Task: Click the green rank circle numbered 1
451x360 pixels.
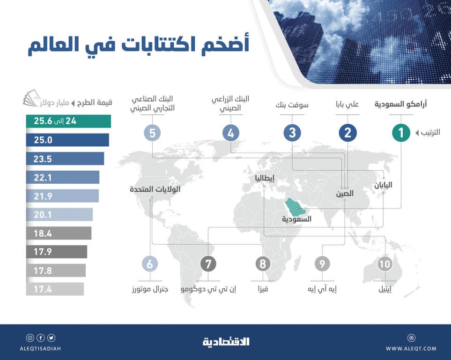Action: pos(401,133)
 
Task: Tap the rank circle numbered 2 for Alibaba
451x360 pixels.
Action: pos(347,133)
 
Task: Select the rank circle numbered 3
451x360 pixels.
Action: pos(292,133)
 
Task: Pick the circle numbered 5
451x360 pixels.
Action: pos(152,133)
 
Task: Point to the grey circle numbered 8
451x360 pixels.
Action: pos(262,264)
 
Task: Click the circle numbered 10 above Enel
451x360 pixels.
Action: pos(384,264)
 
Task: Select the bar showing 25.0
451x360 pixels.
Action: pos(67,140)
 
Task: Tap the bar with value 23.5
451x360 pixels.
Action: pos(65,159)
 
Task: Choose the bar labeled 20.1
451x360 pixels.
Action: pos(59,215)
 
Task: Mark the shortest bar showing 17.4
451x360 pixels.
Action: pos(55,289)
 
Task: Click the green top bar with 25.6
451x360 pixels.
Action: pos(68,121)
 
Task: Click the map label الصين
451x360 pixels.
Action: pos(345,194)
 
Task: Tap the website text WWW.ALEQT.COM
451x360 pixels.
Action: pos(411,348)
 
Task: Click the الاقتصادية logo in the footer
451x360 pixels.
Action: pos(226,342)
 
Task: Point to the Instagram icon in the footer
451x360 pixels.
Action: pos(30,337)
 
